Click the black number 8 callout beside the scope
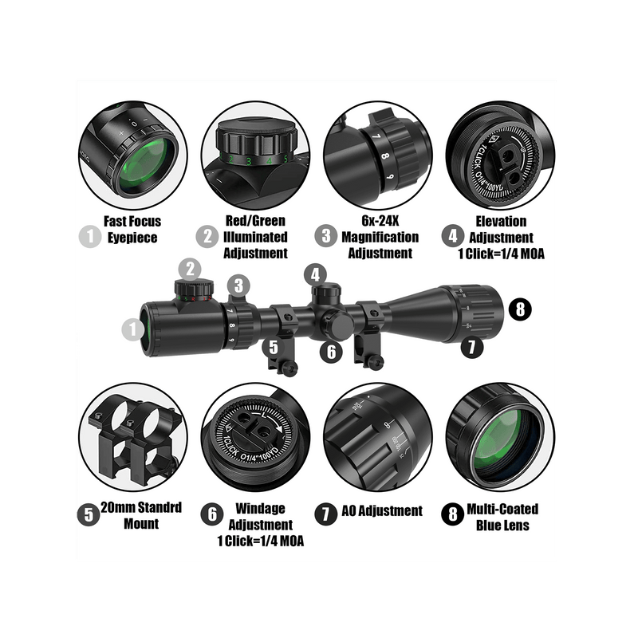click(520, 309)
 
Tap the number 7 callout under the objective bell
click(472, 347)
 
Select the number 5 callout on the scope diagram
click(274, 348)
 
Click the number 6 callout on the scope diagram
click(331, 352)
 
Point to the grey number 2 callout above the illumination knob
click(190, 270)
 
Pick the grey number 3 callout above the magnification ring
click(238, 286)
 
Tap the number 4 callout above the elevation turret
click(315, 274)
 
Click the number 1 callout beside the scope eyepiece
click(133, 329)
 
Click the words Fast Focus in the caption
click(132, 222)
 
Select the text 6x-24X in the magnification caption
click(380, 221)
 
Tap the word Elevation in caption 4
click(501, 222)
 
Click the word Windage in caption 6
click(260, 508)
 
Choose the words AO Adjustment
click(382, 510)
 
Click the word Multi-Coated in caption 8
click(502, 509)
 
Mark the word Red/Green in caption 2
click(255, 221)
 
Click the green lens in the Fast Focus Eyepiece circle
click(145, 164)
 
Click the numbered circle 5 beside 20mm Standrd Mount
click(89, 514)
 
